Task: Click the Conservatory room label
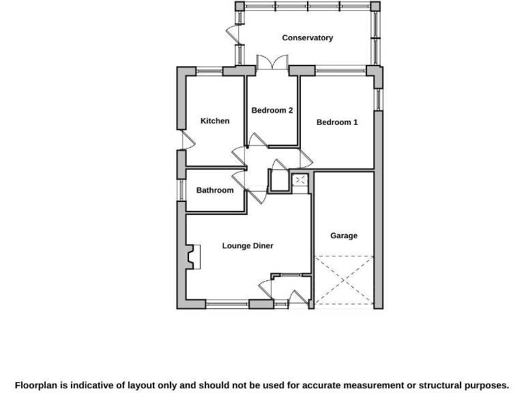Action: coord(307,38)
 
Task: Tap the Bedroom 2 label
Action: coord(272,111)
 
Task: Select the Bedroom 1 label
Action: coord(337,123)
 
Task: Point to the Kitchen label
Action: coord(215,121)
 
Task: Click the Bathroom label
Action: coord(215,190)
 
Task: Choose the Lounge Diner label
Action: coord(248,246)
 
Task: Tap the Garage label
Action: coord(344,236)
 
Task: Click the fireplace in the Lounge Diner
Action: coord(192,257)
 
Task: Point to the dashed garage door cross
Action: coord(344,280)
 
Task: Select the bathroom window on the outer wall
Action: coord(182,190)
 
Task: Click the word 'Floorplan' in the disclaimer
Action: coord(37,385)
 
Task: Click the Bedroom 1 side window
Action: coord(377,99)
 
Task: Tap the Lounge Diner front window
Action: coord(227,304)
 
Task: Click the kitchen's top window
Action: coord(209,71)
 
